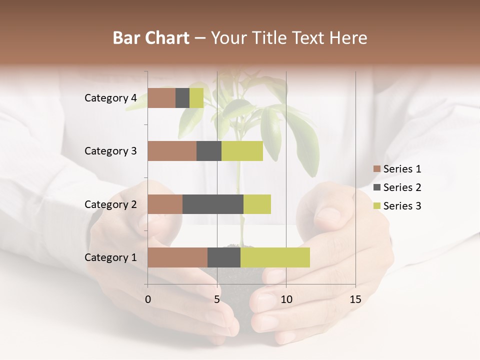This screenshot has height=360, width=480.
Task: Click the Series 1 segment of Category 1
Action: point(177,257)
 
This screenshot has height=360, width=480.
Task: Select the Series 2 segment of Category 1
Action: point(224,257)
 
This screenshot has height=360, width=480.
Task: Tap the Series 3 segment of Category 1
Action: point(275,257)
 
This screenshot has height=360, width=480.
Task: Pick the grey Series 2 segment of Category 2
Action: point(213,204)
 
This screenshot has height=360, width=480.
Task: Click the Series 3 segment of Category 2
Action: point(257,204)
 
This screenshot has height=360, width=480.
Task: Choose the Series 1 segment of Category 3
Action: point(172,151)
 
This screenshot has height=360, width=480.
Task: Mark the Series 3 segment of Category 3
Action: point(242,151)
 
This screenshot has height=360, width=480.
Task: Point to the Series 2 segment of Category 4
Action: point(182,98)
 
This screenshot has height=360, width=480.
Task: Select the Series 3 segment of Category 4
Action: point(196,98)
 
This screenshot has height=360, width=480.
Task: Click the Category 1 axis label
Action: point(110,257)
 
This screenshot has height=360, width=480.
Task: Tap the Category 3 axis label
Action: point(110,151)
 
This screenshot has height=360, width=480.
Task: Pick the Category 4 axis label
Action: point(110,98)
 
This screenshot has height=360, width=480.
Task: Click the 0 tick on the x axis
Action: point(148,299)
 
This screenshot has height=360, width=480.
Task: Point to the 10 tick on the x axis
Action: point(286,299)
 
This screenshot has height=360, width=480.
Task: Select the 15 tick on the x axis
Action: point(355,299)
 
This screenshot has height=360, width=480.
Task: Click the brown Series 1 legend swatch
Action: point(377,169)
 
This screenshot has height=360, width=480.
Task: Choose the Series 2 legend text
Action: point(402,187)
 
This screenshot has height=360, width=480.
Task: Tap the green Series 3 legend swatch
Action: point(377,206)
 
